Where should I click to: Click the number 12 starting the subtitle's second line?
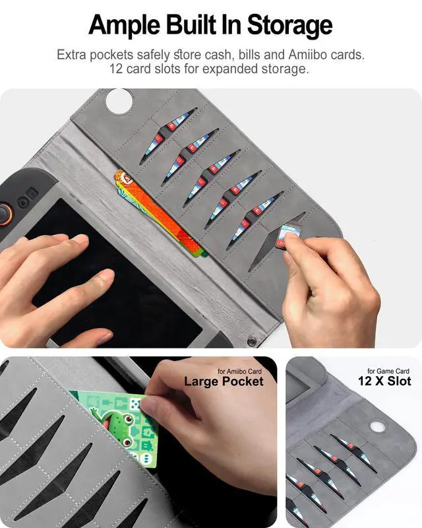coord(116,69)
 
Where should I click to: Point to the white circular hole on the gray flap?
coord(119,100)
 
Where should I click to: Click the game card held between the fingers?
coord(287,236)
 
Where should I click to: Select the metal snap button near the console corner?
coord(251,341)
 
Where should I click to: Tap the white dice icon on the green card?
coord(136,403)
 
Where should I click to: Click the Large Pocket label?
coord(224,381)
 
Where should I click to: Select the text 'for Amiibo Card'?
coord(239,372)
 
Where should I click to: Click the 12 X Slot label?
coord(384,381)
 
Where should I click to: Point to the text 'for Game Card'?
coord(388,371)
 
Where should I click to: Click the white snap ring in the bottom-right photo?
coord(378,426)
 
